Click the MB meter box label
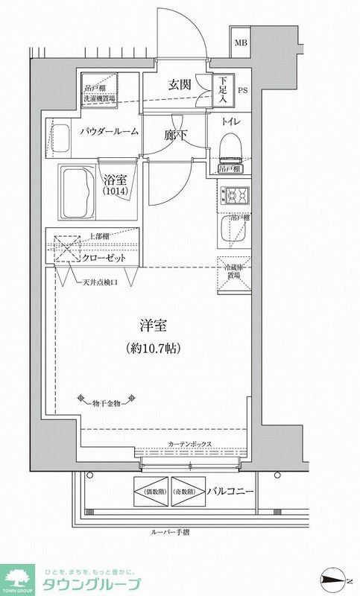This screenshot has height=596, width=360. pyautogui.click(x=241, y=42)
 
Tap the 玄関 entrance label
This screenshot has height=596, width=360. pyautogui.click(x=180, y=84)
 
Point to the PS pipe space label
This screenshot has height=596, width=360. pyautogui.click(x=242, y=92)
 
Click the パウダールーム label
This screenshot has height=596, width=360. pyautogui.click(x=109, y=132)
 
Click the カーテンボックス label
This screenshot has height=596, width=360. pyautogui.click(x=190, y=444)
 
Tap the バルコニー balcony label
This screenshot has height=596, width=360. pyautogui.click(x=232, y=492)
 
